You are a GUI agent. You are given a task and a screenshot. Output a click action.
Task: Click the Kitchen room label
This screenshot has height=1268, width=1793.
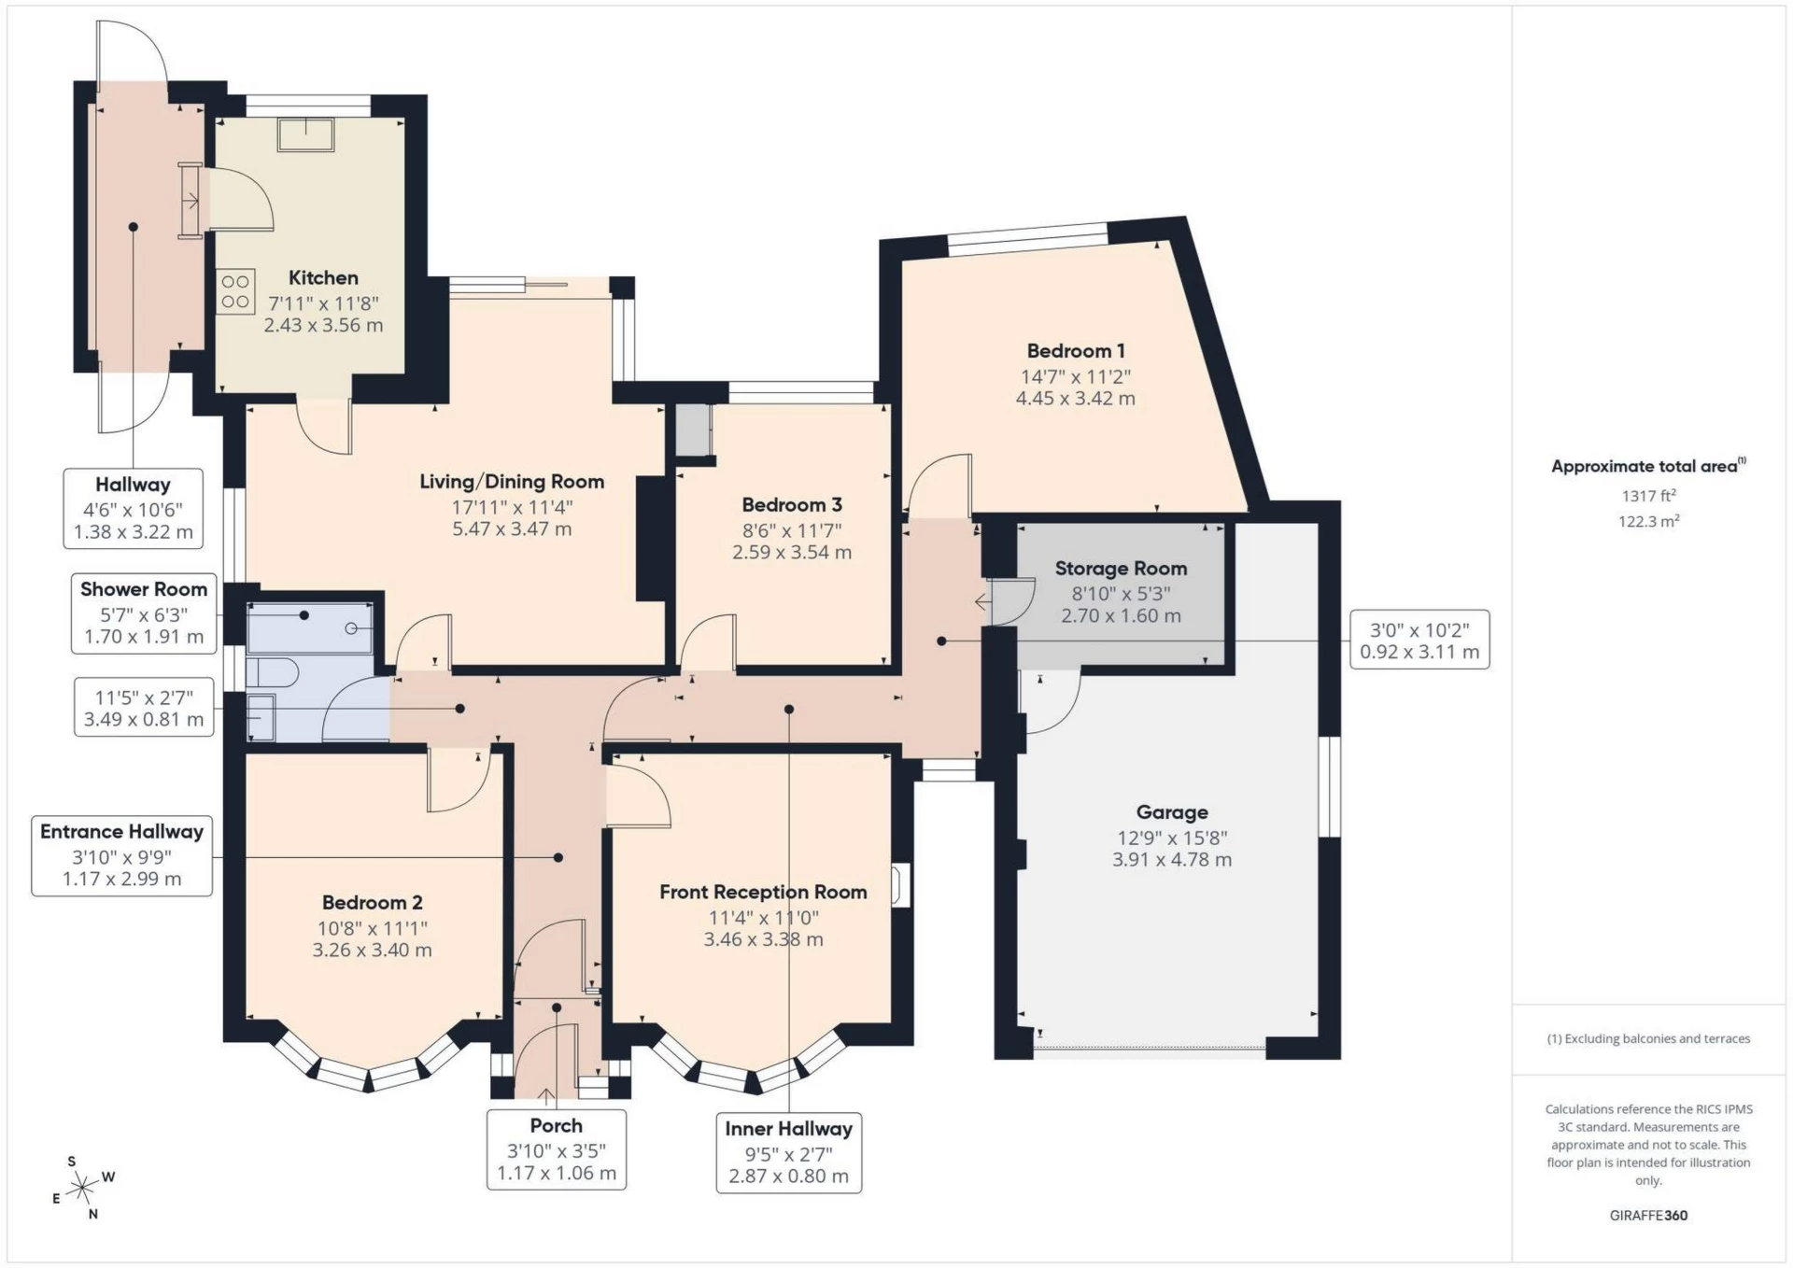[x=323, y=277]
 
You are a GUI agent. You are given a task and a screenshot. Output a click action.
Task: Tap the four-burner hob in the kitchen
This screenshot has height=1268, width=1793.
[x=235, y=290]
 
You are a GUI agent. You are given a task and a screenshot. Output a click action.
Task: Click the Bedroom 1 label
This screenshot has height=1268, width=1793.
[x=1075, y=351]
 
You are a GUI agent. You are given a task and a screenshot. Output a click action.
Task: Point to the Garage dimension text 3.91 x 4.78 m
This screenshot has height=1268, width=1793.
[x=1171, y=860]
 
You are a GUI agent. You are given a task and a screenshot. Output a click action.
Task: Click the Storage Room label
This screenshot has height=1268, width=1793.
[x=1121, y=569]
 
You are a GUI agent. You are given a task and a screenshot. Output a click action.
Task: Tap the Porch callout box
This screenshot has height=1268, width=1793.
[x=556, y=1149]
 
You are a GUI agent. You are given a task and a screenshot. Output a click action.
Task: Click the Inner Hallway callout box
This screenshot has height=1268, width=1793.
[x=788, y=1152]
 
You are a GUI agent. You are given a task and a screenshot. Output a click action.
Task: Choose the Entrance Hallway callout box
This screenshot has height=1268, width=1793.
[x=121, y=855]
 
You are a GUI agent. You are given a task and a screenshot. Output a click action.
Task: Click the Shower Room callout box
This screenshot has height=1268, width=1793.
[x=144, y=613]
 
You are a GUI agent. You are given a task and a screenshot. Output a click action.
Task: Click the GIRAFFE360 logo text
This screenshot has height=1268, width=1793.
[x=1648, y=1215]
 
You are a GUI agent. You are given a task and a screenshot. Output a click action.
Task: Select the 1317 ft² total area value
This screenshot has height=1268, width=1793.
[x=1648, y=496]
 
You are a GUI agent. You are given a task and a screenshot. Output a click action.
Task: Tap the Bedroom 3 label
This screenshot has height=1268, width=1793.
[x=792, y=505]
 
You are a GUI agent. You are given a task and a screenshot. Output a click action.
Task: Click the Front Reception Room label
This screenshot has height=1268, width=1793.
[x=763, y=892]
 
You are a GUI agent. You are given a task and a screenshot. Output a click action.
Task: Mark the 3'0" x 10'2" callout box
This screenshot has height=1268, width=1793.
[x=1419, y=641]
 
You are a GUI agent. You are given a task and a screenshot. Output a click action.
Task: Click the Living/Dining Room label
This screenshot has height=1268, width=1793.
[x=512, y=482]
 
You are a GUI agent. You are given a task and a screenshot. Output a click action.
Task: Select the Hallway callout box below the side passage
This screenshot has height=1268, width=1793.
[x=133, y=508]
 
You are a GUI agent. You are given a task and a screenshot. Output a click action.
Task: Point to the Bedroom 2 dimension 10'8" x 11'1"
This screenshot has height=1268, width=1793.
[x=372, y=928]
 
